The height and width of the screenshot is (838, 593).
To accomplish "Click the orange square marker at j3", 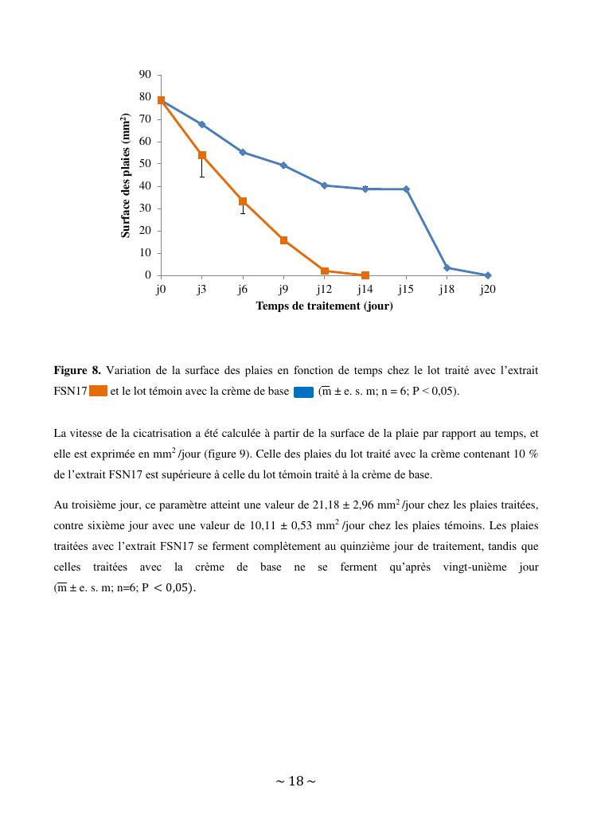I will pos(202,155).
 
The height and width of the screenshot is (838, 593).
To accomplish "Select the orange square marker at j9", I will pos(283,240).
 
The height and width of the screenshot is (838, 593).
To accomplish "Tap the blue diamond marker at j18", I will pos(447,267).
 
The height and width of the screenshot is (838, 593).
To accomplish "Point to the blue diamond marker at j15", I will pos(406,189).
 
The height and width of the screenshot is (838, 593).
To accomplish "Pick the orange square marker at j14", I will pos(365,275).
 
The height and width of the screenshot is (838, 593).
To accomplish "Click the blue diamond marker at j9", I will pos(283,166).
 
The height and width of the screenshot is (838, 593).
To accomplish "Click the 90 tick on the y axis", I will pos(145,75).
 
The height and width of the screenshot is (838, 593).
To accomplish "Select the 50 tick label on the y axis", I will pos(145,164).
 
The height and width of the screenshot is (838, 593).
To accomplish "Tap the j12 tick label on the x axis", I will pos(324,290).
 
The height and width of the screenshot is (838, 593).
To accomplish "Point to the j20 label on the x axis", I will pos(487,290).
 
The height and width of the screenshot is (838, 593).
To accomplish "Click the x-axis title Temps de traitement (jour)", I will pos(324,306).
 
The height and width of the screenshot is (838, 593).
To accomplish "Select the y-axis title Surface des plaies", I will pos(126,175).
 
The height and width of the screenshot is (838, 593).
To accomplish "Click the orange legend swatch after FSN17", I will pos(99,391).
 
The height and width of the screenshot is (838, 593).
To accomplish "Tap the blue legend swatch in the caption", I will pos(303,391).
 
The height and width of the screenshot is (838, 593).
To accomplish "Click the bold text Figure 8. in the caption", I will pos(77,370).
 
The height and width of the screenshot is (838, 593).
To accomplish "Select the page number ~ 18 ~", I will pos(296,781).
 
